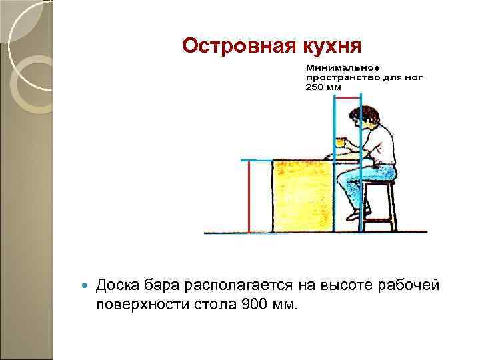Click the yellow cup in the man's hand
pos(341,141)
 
